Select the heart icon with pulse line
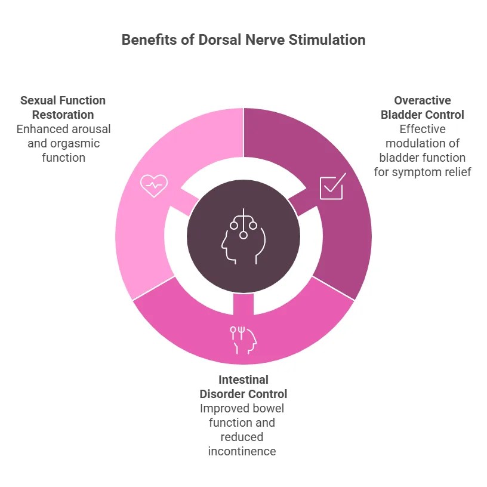click(153, 186)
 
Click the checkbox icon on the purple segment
click(331, 187)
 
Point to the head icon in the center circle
click(243, 237)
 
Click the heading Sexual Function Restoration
click(63, 107)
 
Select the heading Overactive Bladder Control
click(423, 107)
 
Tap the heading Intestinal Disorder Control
click(243, 387)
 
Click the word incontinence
click(242, 451)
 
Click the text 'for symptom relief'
click(423, 172)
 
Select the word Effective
click(423, 129)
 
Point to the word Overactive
click(423, 100)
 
